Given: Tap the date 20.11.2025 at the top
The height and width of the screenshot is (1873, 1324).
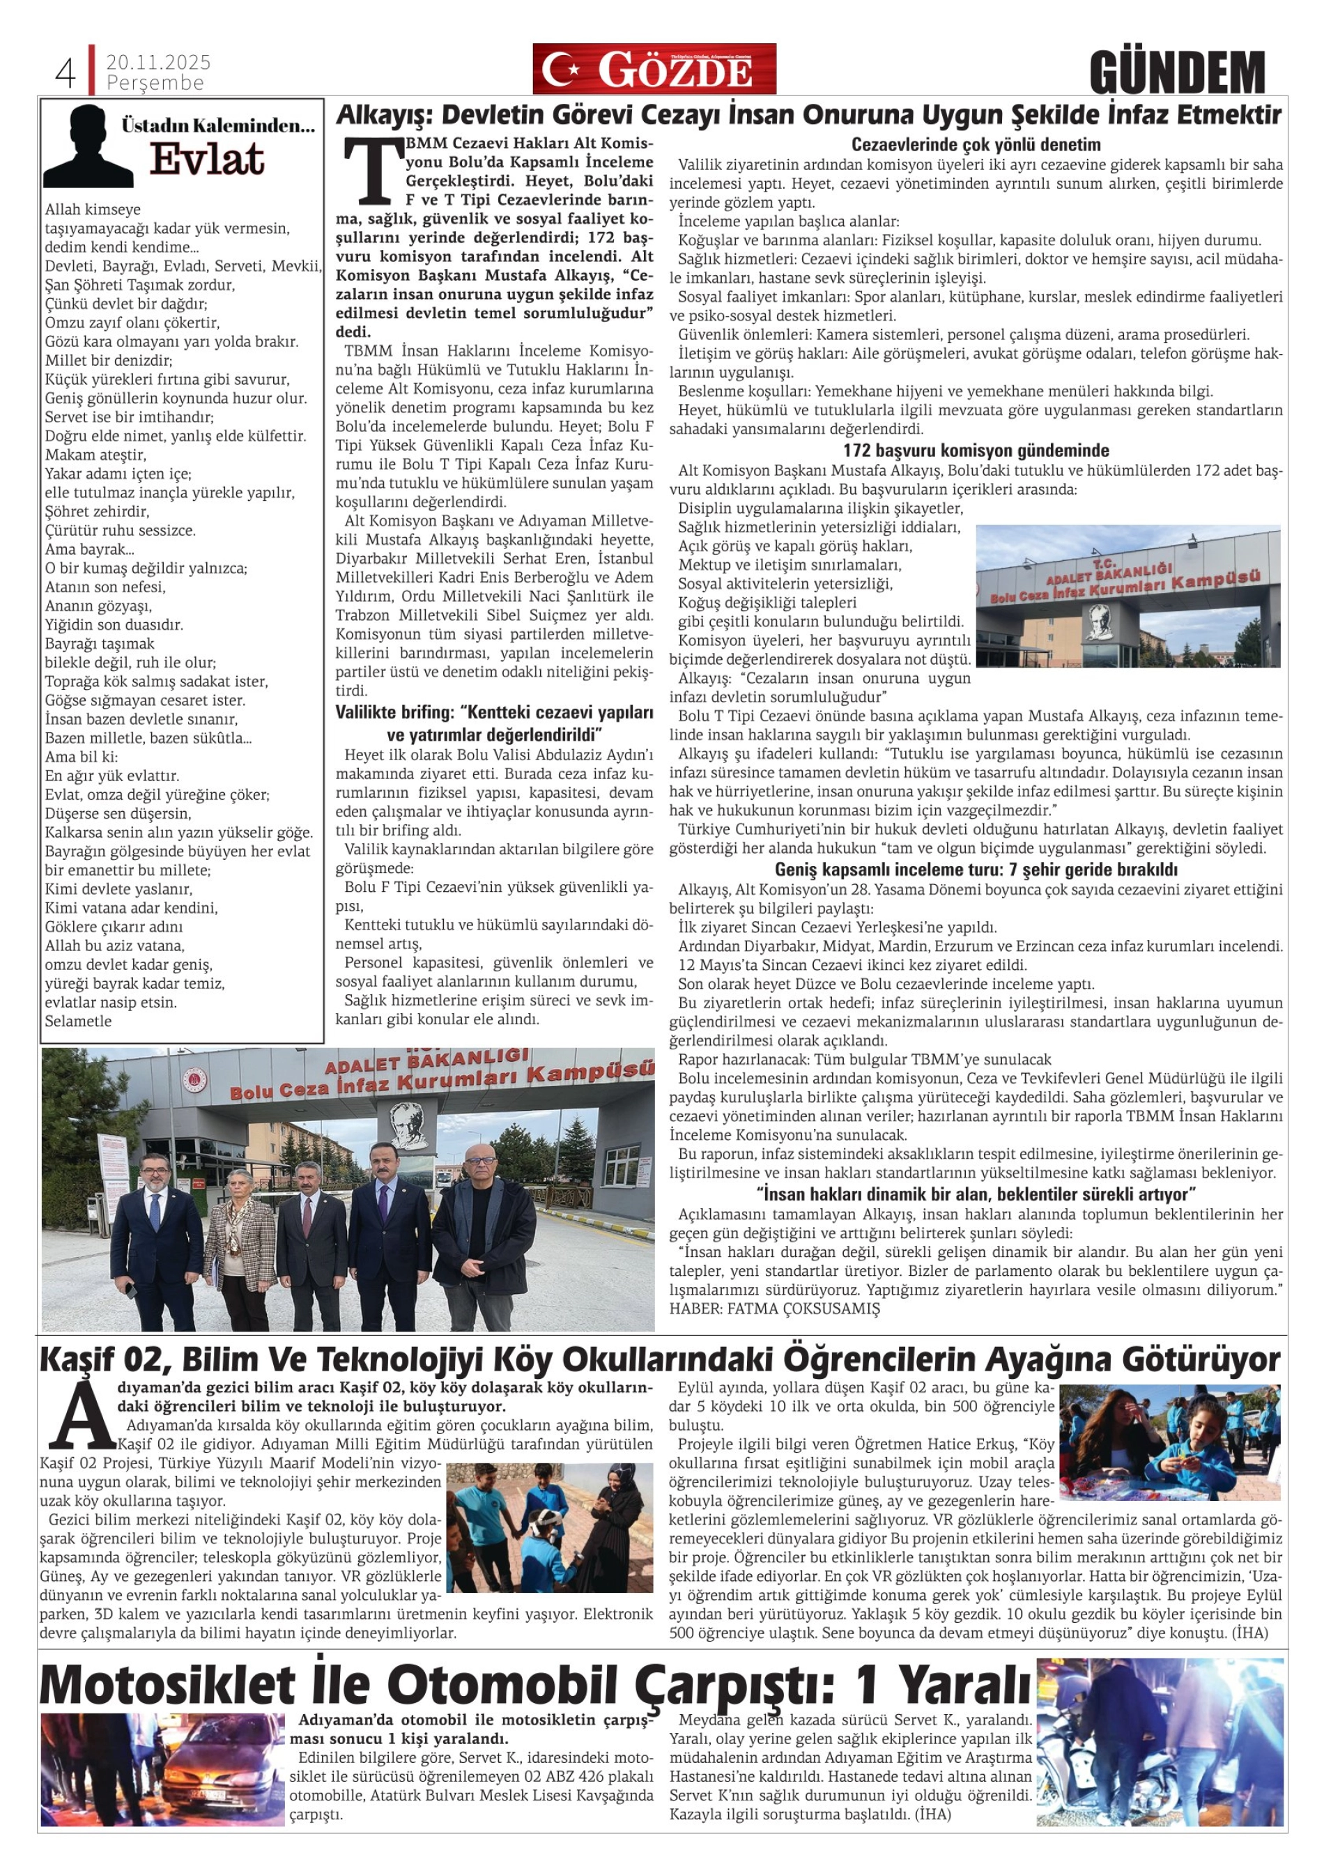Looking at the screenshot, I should (158, 62).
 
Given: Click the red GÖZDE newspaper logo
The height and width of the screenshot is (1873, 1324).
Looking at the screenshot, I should (654, 70).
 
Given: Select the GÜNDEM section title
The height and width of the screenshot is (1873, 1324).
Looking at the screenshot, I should (1176, 73).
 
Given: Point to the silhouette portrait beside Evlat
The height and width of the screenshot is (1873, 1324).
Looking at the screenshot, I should (88, 147).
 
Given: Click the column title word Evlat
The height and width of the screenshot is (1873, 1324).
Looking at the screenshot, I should (207, 160).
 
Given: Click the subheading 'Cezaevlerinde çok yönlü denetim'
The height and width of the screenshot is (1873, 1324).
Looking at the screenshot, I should (976, 145).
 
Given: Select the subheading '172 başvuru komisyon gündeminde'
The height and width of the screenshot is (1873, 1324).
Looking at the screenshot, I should (976, 450).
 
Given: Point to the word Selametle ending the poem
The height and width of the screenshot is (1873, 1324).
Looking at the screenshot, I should (78, 1022).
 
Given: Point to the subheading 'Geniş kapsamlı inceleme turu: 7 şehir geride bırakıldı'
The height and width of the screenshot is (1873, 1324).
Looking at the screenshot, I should (976, 870).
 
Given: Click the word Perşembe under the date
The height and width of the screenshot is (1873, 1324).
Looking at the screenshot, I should (155, 83).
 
